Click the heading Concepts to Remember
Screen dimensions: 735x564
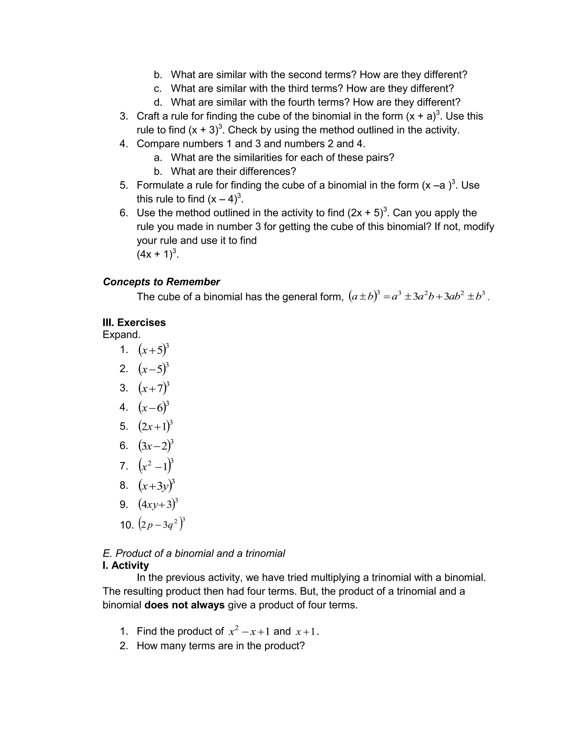[x=161, y=282]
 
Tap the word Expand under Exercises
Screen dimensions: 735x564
[x=121, y=335]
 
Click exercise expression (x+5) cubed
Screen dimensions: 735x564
[x=153, y=350]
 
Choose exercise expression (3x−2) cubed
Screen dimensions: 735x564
[x=155, y=446]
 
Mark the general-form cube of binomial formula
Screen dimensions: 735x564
[x=416, y=296]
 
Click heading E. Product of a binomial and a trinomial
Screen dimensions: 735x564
[x=194, y=554]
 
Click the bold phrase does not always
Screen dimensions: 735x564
[x=184, y=605]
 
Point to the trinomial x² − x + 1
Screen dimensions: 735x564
[x=249, y=632]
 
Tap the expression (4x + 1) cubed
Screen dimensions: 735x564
[x=157, y=254]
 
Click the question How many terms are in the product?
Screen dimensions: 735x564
[x=221, y=646]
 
